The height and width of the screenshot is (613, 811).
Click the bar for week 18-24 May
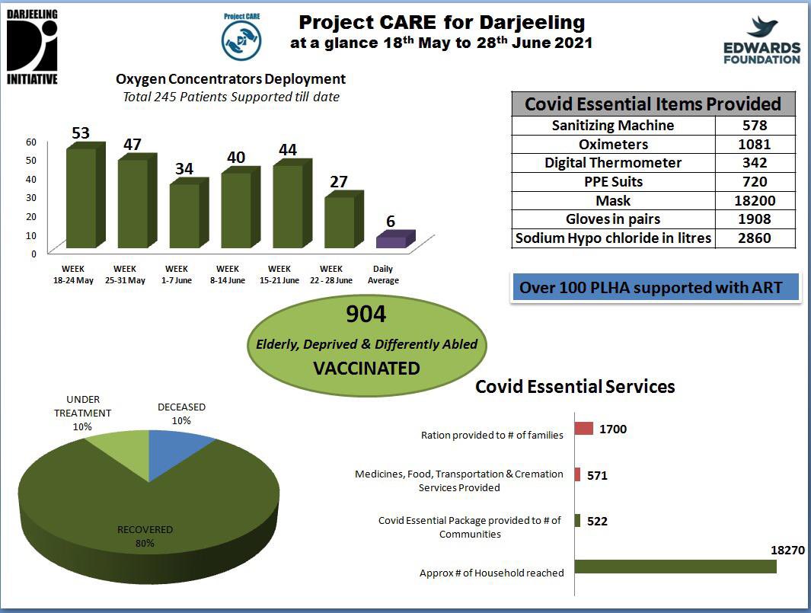click(x=81, y=197)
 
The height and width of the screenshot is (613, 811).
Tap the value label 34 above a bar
click(x=184, y=168)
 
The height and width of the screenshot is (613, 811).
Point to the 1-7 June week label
click(x=177, y=274)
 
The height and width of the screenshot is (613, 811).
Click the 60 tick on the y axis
click(x=31, y=142)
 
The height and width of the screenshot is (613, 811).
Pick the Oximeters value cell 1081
click(x=755, y=144)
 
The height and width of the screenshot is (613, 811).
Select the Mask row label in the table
click(x=613, y=200)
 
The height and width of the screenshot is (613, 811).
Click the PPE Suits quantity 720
click(x=755, y=181)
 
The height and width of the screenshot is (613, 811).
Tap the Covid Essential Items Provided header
click(x=653, y=104)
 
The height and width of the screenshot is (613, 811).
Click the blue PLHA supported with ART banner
click(x=655, y=289)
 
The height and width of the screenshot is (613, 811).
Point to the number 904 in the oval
click(x=366, y=314)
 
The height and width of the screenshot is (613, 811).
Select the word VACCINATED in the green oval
click(x=366, y=369)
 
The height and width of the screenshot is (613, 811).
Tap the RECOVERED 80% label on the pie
click(x=145, y=536)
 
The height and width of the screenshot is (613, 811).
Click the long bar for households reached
click(x=675, y=567)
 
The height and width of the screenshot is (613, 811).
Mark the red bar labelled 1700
click(x=583, y=429)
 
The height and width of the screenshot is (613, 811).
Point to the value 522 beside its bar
click(x=598, y=521)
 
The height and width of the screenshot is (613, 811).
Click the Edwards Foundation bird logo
click(x=762, y=27)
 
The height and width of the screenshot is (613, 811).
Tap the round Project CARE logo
click(x=241, y=40)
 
